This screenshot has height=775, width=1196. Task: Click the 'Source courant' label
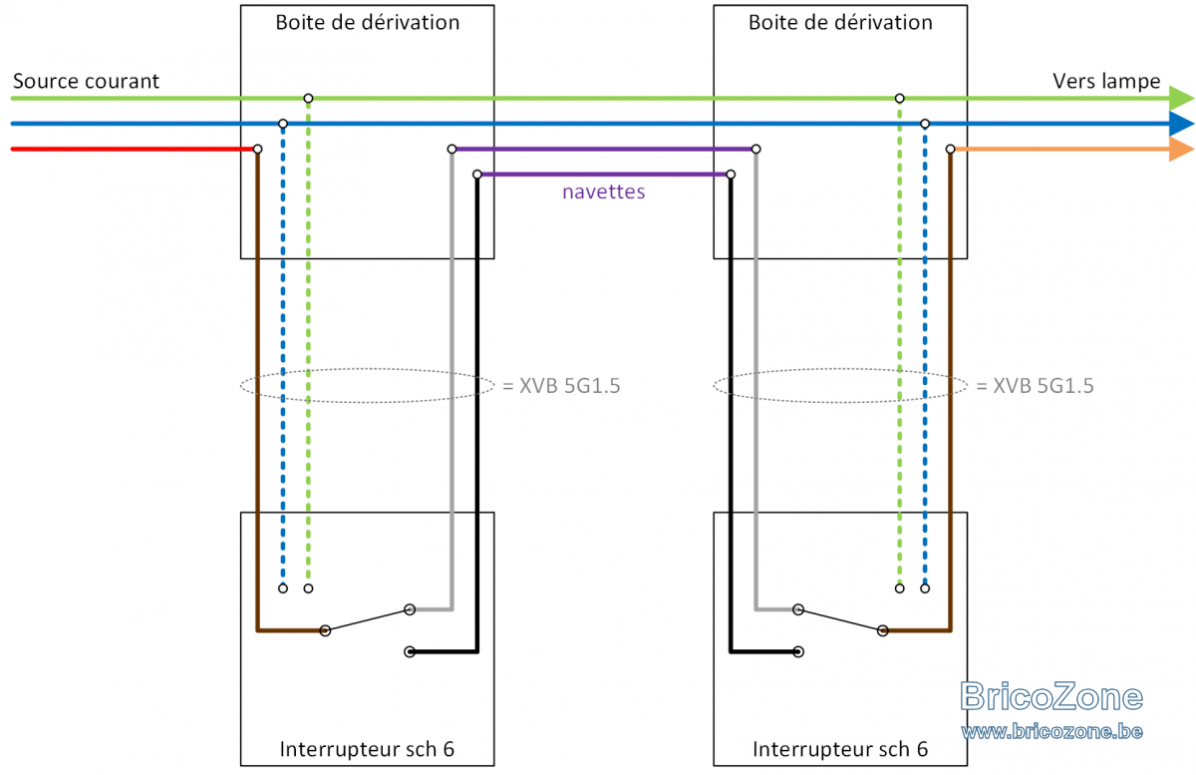coord(86,81)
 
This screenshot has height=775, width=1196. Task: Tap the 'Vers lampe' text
coord(1106,81)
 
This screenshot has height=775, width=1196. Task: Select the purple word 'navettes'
coord(603,192)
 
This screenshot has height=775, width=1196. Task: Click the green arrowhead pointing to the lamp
coord(1181,99)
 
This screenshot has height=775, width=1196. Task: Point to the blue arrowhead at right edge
coord(1181,124)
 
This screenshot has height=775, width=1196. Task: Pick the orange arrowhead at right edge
coord(1181,149)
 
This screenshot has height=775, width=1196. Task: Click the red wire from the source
coord(133,149)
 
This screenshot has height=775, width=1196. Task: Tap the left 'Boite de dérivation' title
coord(368,23)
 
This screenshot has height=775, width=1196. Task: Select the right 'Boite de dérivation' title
coord(840,23)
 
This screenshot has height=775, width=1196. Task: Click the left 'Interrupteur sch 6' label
coord(367,749)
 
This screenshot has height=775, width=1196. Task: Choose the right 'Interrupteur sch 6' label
coord(840,749)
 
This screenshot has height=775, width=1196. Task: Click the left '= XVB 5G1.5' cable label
coord(561,385)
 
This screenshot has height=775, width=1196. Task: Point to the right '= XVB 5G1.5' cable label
coord(1035,385)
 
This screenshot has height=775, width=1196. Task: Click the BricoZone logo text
coord(1051,696)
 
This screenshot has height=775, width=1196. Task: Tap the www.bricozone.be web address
coord(1051,731)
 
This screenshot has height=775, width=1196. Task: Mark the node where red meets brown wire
coord(257,149)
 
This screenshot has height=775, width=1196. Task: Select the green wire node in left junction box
coord(308,99)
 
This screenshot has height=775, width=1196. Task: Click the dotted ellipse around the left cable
coord(368,368)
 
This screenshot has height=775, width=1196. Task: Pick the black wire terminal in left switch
coord(410,651)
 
